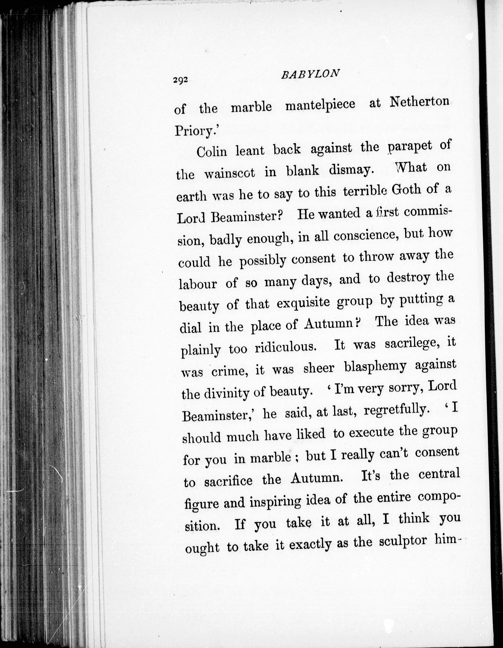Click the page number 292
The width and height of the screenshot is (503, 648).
(181, 80)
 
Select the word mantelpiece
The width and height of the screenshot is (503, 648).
(320, 104)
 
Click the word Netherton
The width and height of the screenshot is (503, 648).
(419, 102)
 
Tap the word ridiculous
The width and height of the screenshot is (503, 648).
(285, 347)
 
